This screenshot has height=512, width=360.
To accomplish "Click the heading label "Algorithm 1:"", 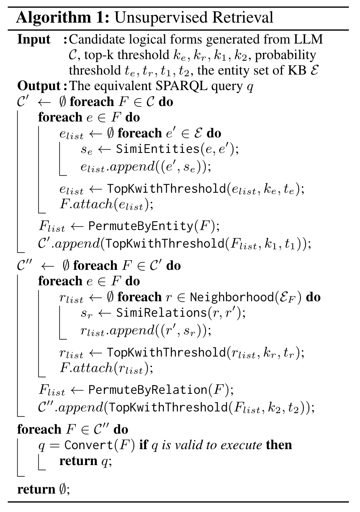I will [x=63, y=17].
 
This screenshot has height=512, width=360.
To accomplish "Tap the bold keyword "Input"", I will [x=34, y=40].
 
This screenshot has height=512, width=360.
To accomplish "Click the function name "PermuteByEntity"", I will [x=140, y=226].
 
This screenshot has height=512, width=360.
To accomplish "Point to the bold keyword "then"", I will [x=279, y=445].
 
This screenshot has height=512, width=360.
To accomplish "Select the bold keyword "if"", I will [x=143, y=445].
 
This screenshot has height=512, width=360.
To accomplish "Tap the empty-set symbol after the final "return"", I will [x=63, y=489].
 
